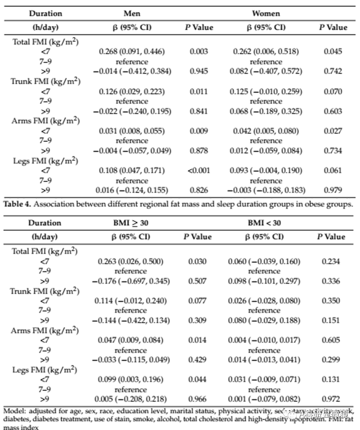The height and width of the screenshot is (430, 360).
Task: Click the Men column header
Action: pos(132,13)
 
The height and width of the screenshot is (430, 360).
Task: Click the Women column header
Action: pos(266,13)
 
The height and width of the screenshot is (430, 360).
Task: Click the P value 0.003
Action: pos(199,52)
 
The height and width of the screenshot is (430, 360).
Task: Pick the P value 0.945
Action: pos(199,72)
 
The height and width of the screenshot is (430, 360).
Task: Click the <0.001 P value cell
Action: pos(199,171)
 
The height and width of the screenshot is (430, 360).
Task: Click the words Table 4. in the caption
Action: pos(17,204)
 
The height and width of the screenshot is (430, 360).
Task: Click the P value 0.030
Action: pos(197,262)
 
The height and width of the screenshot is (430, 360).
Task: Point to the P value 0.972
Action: pos(331,399)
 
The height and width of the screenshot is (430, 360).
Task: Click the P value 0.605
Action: pos(331,340)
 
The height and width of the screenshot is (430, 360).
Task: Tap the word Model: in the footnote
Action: pos(14,411)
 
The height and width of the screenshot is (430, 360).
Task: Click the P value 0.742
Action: pos(333,72)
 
